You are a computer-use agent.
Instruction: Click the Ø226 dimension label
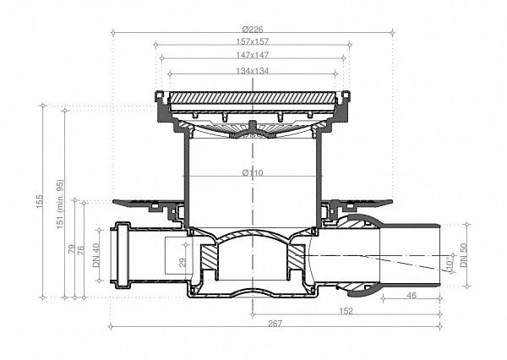point(253,30)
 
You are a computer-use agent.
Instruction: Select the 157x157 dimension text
point(253,41)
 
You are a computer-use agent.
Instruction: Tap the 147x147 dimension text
point(252,55)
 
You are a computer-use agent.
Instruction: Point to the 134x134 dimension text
point(252,71)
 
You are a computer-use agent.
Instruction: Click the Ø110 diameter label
point(253,172)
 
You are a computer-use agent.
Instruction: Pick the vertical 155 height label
point(40,201)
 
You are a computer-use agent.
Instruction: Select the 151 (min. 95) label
point(60,205)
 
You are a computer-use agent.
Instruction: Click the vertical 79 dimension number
point(72,249)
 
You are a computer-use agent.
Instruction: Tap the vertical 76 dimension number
point(81,250)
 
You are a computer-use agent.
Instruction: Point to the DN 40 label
point(96,255)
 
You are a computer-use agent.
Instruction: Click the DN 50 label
point(464,255)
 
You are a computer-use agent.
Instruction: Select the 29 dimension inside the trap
point(183,262)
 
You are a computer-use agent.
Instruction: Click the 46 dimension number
point(412,295)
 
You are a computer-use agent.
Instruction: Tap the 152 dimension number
point(346,311)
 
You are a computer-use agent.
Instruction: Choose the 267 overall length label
point(275,323)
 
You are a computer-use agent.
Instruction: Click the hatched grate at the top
point(253,98)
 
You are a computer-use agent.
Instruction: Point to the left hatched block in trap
point(210,257)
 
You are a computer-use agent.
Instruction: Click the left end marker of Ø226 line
point(113,32)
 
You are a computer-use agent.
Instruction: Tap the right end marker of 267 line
point(440,327)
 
